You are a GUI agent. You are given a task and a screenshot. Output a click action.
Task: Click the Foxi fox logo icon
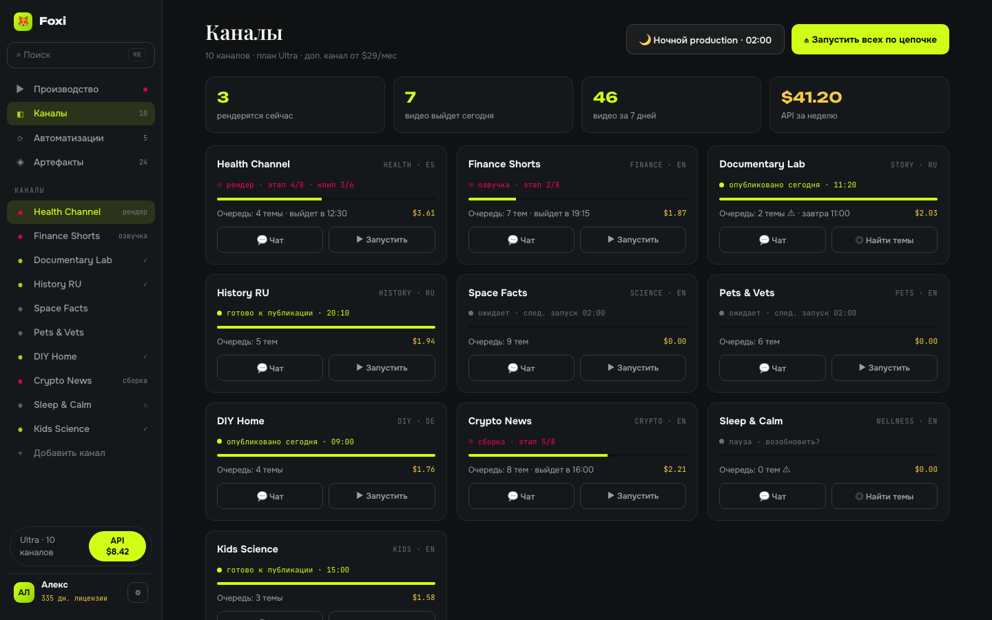tap(23, 21)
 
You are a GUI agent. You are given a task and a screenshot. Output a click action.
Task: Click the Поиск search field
tap(81, 55)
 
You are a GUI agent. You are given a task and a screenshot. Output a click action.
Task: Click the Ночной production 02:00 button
tap(705, 39)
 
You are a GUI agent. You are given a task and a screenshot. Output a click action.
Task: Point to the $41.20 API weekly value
tap(812, 97)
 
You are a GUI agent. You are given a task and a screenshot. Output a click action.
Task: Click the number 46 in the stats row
tap(605, 97)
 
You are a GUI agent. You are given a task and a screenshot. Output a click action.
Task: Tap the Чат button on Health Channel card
tap(270, 240)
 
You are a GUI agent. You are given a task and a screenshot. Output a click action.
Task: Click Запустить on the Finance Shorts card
tap(633, 240)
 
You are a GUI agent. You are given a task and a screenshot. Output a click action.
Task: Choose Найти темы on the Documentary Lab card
tap(884, 240)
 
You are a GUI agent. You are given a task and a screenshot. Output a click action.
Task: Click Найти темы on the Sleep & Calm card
tap(884, 496)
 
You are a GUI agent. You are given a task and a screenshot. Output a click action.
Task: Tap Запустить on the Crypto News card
tap(633, 496)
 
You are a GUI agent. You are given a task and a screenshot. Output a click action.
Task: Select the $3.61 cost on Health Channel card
tap(424, 213)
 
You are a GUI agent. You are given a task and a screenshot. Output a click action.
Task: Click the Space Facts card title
tap(498, 293)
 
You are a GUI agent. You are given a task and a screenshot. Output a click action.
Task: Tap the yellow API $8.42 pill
tap(117, 546)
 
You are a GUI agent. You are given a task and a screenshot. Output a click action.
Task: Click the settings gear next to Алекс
tap(138, 592)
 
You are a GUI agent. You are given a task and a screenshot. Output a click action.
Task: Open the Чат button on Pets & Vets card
tap(772, 368)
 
